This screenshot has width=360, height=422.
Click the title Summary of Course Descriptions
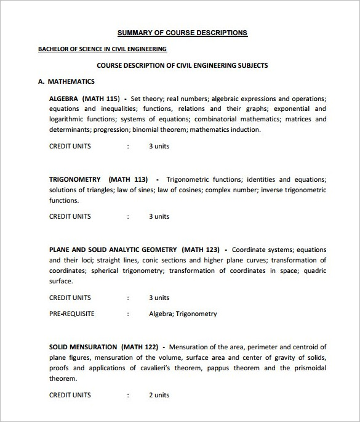pyautogui.click(x=182, y=33)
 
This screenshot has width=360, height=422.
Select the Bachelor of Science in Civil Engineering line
pyautogui.click(x=102, y=49)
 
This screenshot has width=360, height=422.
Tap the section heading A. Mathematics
pyautogui.click(x=66, y=81)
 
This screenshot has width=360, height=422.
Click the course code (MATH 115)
pyautogui.click(x=103, y=98)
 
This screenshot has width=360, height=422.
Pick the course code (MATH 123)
pyautogui.click(x=201, y=250)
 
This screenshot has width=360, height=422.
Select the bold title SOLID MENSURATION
pyautogui.click(x=82, y=347)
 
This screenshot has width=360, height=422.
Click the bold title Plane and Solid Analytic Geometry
pyautogui.click(x=113, y=250)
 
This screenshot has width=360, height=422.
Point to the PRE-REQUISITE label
pyautogui.click(x=71, y=314)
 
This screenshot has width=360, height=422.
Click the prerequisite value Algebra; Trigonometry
pyautogui.click(x=183, y=314)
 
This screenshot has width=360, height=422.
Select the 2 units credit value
pyautogui.click(x=159, y=395)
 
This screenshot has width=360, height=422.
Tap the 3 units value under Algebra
pyautogui.click(x=159, y=146)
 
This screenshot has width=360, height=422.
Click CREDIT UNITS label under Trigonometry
pyautogui.click(x=70, y=216)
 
